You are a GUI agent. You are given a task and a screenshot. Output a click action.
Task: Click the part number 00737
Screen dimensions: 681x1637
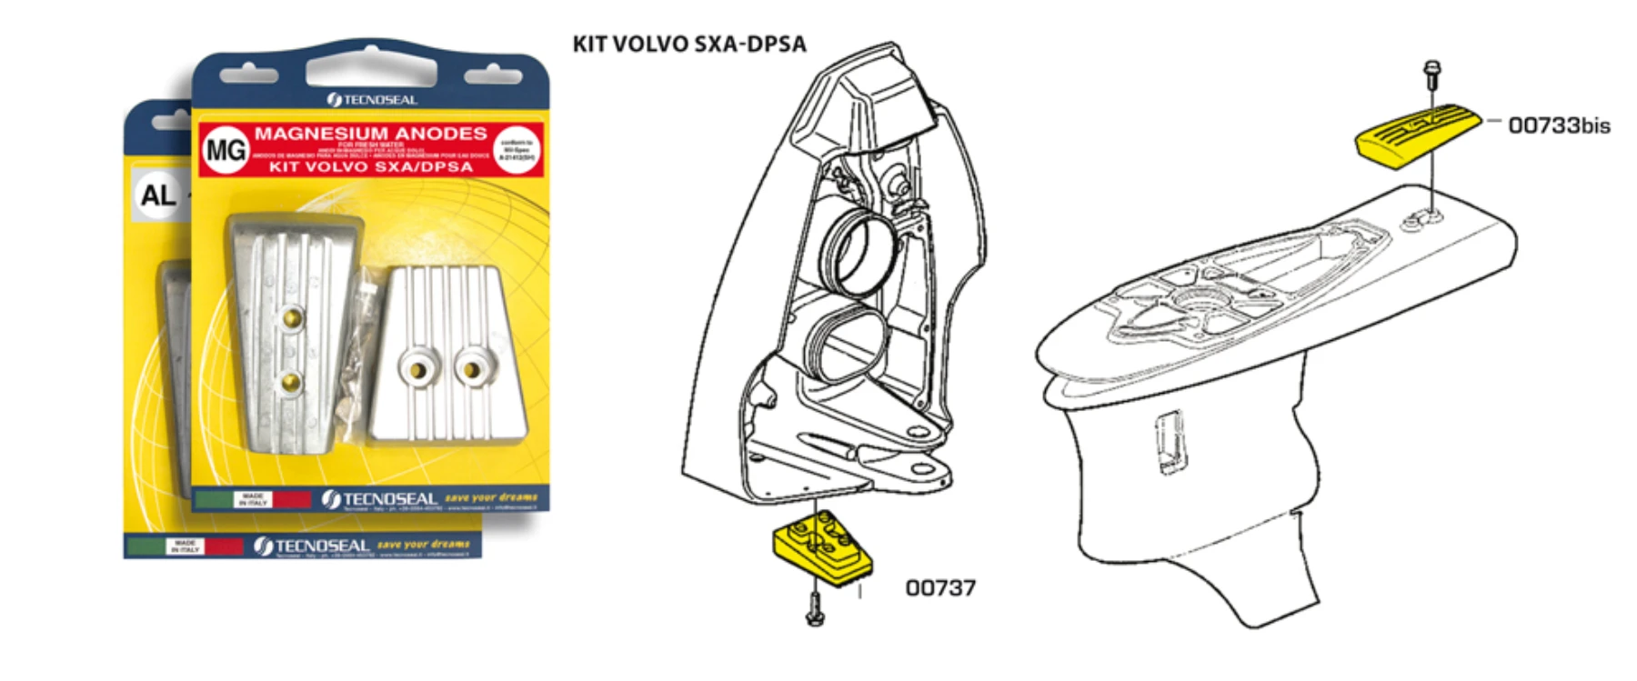coord(940,588)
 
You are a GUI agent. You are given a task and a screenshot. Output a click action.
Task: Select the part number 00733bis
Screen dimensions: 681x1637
coord(1559,125)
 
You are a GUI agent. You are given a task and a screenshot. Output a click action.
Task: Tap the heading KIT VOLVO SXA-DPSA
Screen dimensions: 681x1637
coord(688,44)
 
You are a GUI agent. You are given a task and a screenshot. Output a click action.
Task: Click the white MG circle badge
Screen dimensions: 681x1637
coord(225,149)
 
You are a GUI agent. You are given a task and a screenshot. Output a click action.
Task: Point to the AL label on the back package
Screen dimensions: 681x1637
coord(157,194)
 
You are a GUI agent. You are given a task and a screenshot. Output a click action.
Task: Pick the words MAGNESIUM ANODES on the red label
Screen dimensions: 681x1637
coord(370,134)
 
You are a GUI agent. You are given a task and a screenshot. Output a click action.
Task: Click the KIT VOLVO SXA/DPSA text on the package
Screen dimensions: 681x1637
coord(370,167)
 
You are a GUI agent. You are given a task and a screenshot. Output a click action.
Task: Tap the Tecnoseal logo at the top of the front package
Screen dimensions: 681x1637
coord(372,99)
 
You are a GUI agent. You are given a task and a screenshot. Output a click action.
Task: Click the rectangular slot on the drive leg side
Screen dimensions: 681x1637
coord(1171,441)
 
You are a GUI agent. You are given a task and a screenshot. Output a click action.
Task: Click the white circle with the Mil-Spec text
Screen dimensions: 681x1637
coord(517,149)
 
